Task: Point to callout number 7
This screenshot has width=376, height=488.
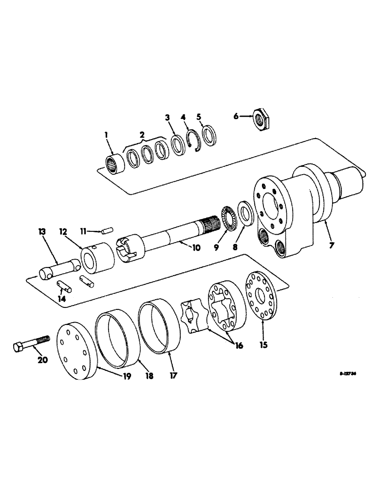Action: [331, 245]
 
